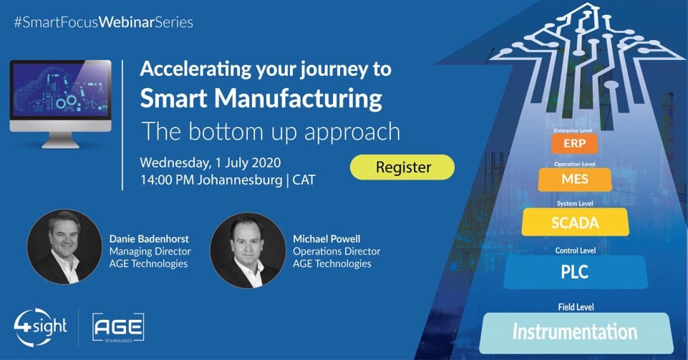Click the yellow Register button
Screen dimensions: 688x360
(x=402, y=167)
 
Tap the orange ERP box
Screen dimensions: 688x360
(x=574, y=143)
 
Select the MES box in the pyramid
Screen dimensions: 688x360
(x=575, y=179)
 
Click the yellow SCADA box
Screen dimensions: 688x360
(x=575, y=223)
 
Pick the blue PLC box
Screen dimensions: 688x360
(x=575, y=272)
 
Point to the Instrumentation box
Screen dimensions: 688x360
(x=576, y=332)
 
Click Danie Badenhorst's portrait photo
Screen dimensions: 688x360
(x=64, y=247)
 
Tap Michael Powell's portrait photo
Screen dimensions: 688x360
(x=248, y=250)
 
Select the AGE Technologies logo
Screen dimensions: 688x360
(x=118, y=328)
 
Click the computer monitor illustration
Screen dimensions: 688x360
(x=61, y=104)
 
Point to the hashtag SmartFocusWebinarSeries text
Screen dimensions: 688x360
(x=104, y=22)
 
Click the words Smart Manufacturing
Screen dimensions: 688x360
(x=261, y=98)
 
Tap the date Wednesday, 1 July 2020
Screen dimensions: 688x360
(x=210, y=162)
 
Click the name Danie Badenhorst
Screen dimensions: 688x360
(x=149, y=239)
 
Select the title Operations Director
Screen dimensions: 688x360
(x=336, y=251)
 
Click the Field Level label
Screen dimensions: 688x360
(x=576, y=307)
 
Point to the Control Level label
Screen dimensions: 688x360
(x=575, y=250)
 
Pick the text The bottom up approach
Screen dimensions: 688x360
(x=271, y=132)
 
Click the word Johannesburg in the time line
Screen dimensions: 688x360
(x=240, y=180)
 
